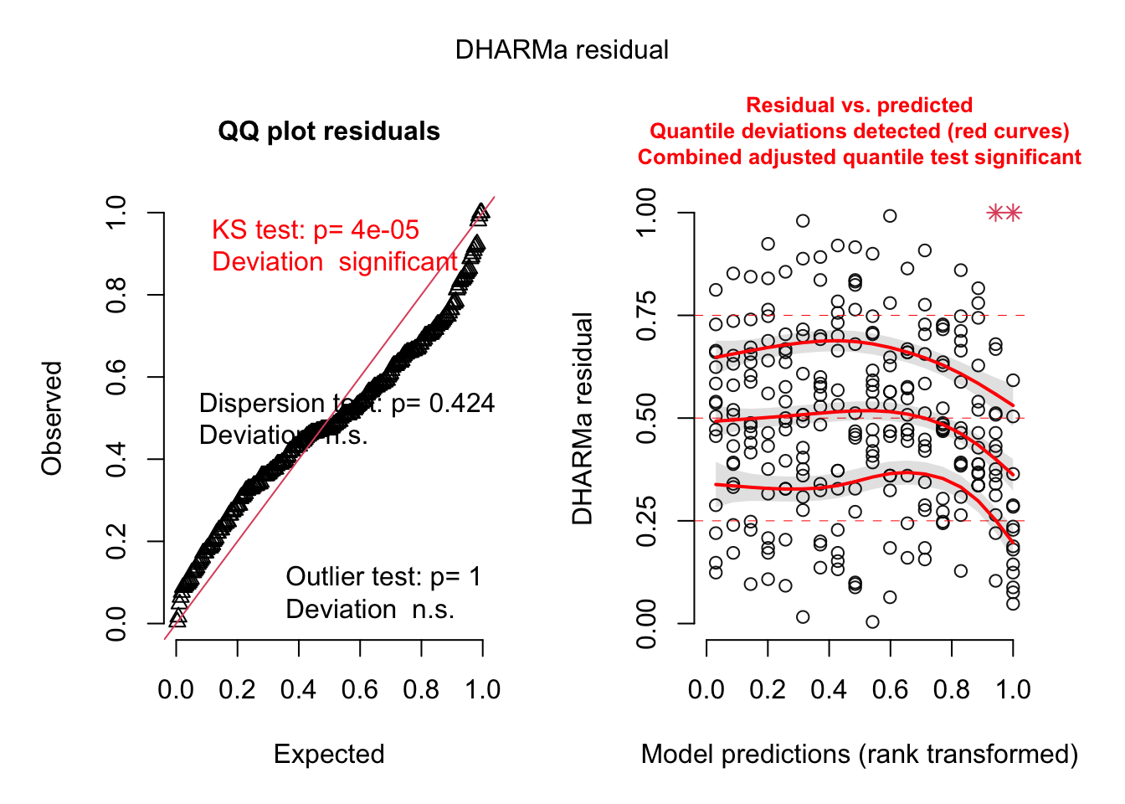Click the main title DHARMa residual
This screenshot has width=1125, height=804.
coord(562,50)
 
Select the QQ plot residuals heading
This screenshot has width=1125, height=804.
coord(329,131)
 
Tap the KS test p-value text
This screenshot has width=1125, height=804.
coord(315,230)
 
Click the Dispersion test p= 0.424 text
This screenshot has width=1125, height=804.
coord(347,404)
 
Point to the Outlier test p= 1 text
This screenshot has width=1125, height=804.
coord(383,577)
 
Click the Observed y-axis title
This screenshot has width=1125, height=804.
coord(52,419)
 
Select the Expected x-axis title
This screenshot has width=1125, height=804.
coord(329,755)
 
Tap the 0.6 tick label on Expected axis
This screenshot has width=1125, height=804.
coord(360,690)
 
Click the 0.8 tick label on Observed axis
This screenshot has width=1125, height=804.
coord(116,295)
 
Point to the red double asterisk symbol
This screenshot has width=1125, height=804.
coord(1004,214)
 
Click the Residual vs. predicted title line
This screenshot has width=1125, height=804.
coord(859,106)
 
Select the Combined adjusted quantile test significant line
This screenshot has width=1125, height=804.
coord(859,157)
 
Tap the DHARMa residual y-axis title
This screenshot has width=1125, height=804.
coord(583,419)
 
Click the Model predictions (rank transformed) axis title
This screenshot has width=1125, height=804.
coord(859,755)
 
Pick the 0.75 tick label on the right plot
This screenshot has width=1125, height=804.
coord(646,316)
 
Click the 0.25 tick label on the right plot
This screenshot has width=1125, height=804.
coord(646,521)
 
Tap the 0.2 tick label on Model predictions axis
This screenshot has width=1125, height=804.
coord(768,690)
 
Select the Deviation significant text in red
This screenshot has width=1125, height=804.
coord(335,262)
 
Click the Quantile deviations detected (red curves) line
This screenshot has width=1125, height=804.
coord(859,131)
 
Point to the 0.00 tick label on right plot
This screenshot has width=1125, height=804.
coord(646,624)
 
